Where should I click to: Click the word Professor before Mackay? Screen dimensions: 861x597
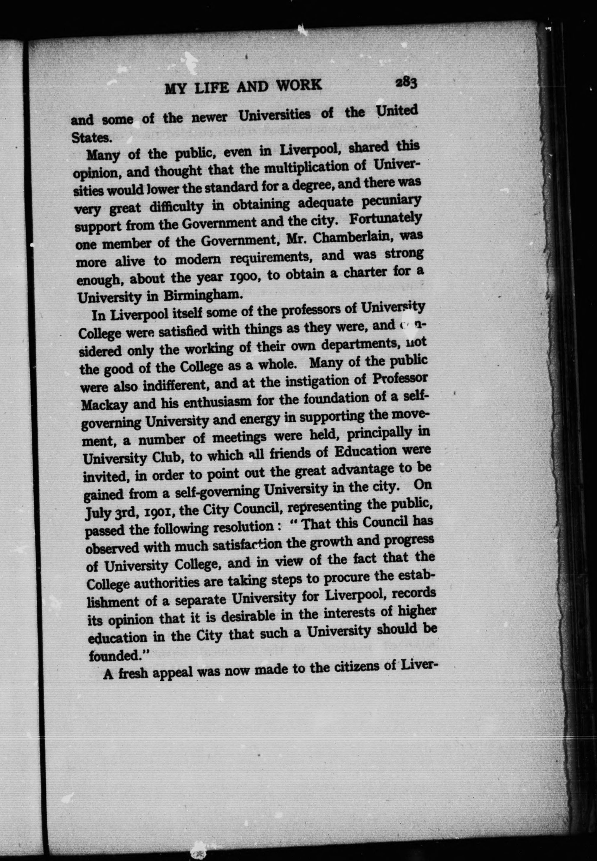(x=400, y=378)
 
